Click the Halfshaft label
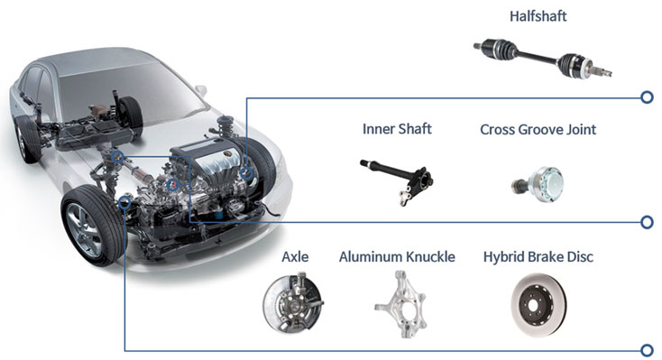pos(538,16)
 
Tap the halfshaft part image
pos(543,59)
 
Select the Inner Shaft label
pos(397,129)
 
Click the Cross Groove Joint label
pos(538,129)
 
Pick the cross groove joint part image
pos(538,184)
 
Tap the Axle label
pos(295,257)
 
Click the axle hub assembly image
pos(293,303)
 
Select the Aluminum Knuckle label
pos(397,257)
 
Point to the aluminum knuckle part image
pos(400,304)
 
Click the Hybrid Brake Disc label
pos(538,257)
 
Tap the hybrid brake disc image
pos(538,305)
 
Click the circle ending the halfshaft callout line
pos(647,97)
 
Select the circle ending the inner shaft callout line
pos(647,222)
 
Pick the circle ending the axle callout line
pos(647,350)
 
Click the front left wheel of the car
pos(92,226)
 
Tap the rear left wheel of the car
pos(27,139)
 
